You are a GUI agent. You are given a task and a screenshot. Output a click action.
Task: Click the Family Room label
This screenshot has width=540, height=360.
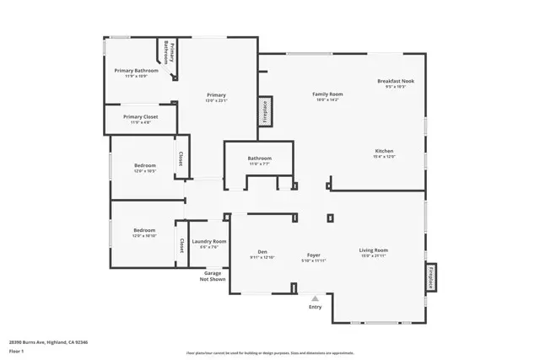pos(327,94)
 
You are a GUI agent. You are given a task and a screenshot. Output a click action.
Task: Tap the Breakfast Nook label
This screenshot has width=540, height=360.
pos(396,81)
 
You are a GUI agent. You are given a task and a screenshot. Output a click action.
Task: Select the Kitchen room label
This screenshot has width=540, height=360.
pos(384,150)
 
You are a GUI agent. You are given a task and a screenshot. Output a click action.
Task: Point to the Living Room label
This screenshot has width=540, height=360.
pos(373,250)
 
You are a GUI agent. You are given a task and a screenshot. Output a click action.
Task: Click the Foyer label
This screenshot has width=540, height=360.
pos(313,254)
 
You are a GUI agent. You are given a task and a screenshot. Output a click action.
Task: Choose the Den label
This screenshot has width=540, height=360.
pos(263,254)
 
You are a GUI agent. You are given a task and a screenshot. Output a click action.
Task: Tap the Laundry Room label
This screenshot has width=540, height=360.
pos(208,241)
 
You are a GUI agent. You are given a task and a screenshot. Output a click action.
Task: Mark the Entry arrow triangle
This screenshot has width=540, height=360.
pos(316,298)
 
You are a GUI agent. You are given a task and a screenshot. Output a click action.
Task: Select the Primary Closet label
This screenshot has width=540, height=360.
pos(139,117)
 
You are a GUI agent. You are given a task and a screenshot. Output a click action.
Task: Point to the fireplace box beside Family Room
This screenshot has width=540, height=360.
pos(265,110)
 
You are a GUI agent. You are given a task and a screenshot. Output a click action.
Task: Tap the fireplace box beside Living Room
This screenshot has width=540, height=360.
pos(430,277)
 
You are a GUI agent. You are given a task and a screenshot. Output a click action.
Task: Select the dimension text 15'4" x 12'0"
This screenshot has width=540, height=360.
pos(384,157)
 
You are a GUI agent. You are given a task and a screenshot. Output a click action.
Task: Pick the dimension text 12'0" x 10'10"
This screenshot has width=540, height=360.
pos(143,236)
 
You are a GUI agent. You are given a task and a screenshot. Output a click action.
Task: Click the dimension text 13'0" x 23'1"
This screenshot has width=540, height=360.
pos(217,101)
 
